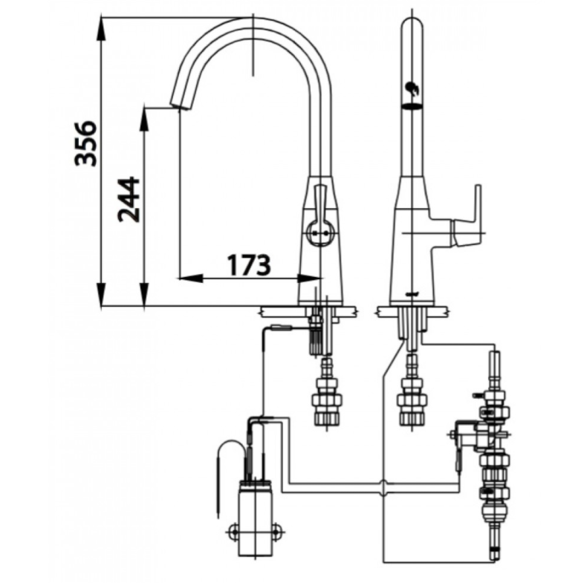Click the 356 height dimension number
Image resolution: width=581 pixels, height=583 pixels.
(87, 143)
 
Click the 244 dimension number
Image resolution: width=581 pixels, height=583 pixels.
(129, 199)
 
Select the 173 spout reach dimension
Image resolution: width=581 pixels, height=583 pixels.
(249, 264)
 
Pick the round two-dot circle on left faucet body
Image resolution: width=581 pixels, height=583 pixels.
(321, 235)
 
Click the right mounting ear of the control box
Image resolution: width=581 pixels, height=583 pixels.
(278, 530)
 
